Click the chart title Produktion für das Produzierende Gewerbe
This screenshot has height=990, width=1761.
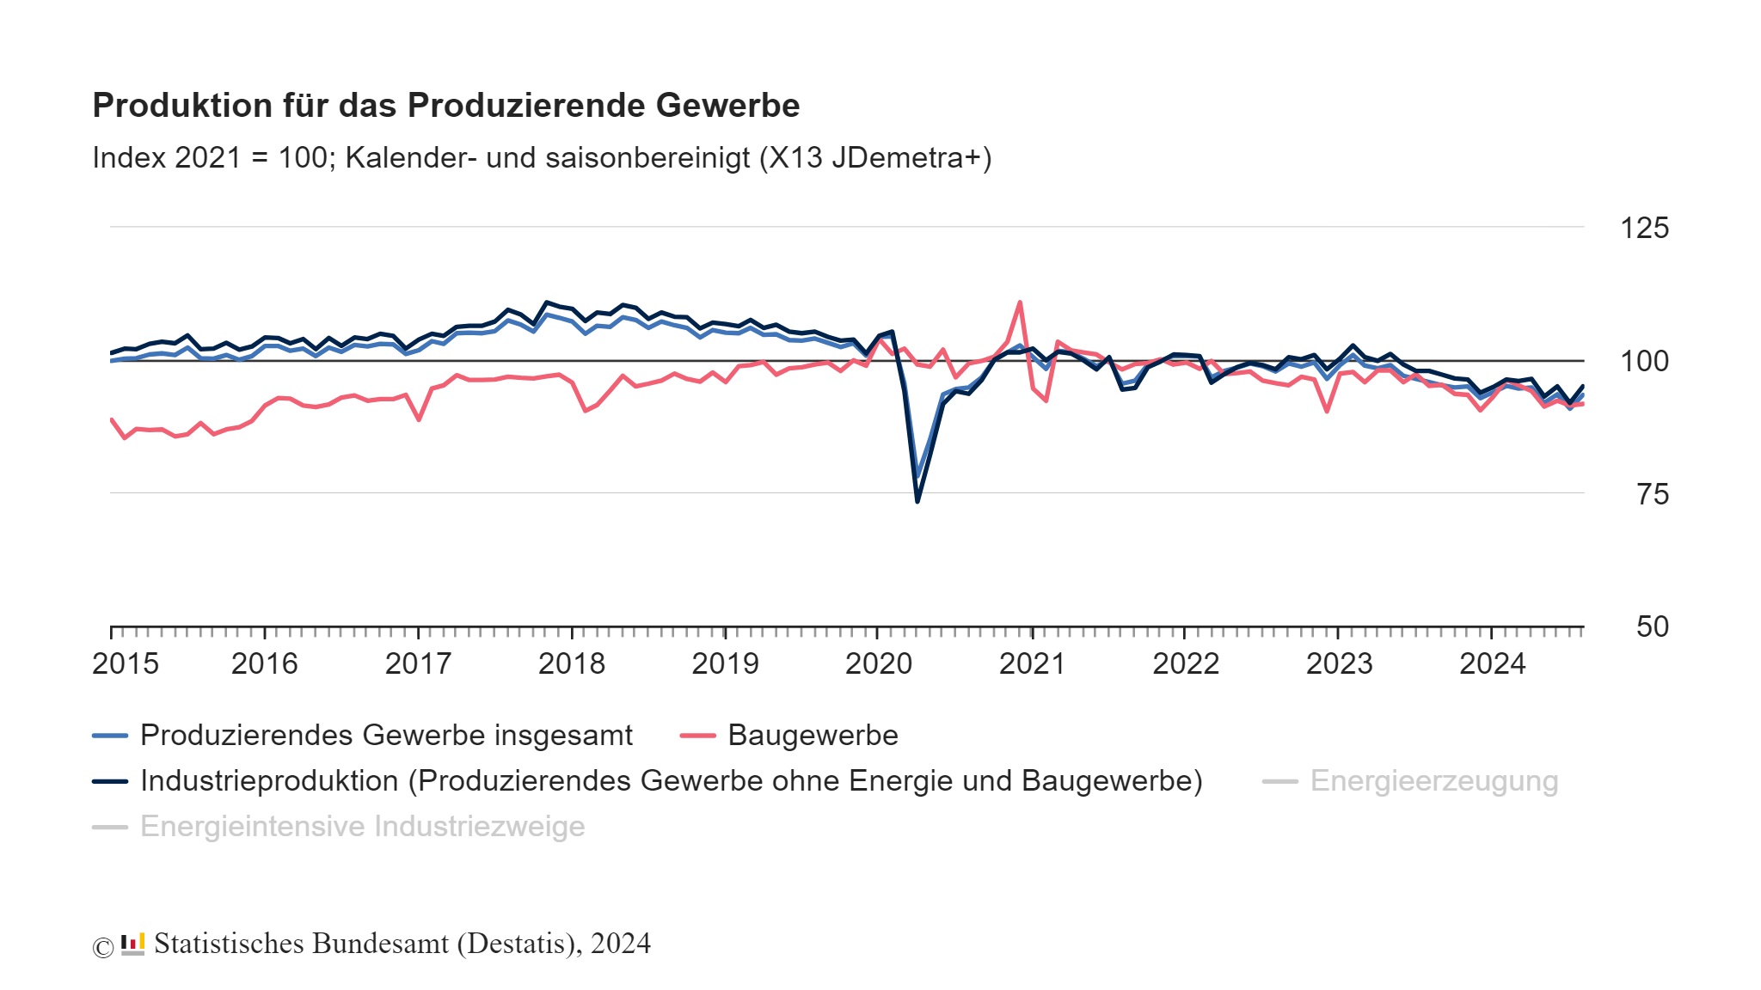point(445,106)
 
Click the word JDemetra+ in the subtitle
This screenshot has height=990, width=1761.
point(911,158)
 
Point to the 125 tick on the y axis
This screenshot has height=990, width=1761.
point(1643,229)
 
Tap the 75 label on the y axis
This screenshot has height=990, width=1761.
point(1652,494)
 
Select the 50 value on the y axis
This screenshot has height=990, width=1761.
point(1652,626)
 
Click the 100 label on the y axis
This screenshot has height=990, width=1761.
point(1643,361)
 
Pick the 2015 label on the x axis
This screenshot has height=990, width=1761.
point(126,663)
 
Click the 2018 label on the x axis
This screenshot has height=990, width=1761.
point(571,663)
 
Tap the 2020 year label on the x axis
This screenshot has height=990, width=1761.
point(878,663)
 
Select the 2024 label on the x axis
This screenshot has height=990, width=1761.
point(1492,663)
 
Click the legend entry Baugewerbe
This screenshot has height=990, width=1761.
point(812,736)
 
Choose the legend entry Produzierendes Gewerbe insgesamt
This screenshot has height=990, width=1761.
point(386,736)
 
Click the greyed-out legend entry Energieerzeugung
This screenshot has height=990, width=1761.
point(1433,781)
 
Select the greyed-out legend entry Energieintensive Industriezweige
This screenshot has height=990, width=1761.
point(362,827)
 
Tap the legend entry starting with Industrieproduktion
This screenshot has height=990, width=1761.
point(671,781)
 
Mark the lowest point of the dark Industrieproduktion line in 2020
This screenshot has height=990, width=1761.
point(917,501)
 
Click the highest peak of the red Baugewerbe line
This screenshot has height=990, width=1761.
point(1020,302)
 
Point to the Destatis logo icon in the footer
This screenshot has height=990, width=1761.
point(132,944)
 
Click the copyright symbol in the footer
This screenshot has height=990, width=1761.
point(102,947)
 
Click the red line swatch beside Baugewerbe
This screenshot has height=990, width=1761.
point(697,736)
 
